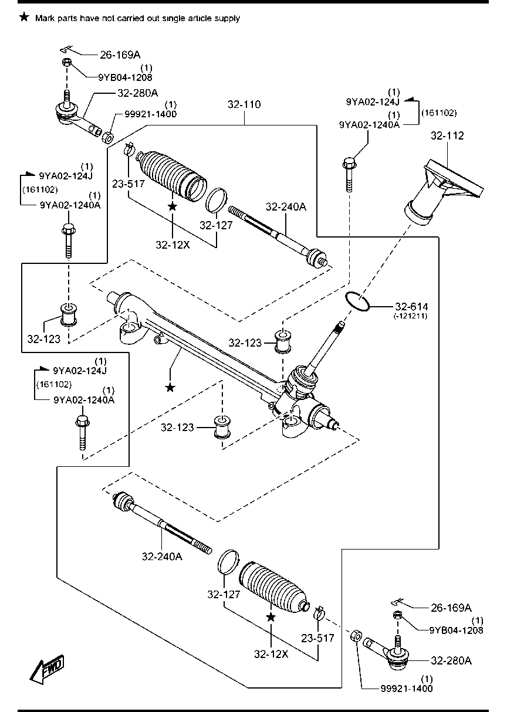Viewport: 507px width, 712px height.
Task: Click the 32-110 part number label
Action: tap(245, 104)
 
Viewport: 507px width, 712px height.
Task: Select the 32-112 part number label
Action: tap(447, 135)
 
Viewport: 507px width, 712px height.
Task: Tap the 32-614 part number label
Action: tap(411, 306)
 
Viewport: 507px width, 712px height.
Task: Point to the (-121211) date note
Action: tap(410, 316)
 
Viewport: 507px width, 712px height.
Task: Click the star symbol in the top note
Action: tap(24, 18)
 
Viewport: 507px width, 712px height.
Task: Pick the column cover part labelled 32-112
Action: tap(443, 191)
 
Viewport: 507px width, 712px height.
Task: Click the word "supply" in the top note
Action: tap(225, 18)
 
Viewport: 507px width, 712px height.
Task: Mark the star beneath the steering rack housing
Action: tap(170, 387)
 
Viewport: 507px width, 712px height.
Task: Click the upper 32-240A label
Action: tap(286, 206)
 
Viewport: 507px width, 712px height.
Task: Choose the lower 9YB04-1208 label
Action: tap(457, 630)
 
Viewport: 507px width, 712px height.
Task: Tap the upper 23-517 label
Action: tap(128, 184)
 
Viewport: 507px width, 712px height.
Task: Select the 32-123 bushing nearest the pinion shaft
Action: tap(283, 341)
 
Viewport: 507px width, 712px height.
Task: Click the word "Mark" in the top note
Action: tap(44, 18)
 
